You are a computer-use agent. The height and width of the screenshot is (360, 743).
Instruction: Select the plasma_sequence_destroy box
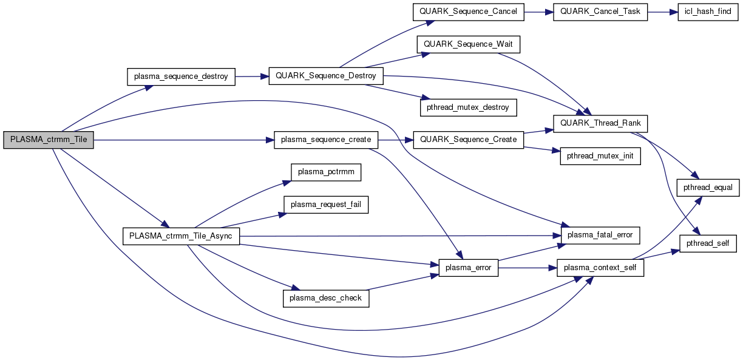pyautogui.click(x=181, y=76)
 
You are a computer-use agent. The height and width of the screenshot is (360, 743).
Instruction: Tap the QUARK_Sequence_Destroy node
pyautogui.click(x=326, y=76)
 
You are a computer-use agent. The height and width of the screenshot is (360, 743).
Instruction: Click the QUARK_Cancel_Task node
pyautogui.click(x=600, y=12)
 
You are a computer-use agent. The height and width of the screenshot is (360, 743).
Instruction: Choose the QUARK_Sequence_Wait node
pyautogui.click(x=469, y=44)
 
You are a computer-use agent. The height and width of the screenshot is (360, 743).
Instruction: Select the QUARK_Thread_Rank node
pyautogui.click(x=600, y=123)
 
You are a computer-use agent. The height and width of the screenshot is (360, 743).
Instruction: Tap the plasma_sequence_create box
pyautogui.click(x=326, y=140)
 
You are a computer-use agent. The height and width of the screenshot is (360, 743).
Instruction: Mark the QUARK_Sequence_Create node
pyautogui.click(x=468, y=140)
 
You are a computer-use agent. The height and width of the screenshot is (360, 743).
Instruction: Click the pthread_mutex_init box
pyautogui.click(x=600, y=156)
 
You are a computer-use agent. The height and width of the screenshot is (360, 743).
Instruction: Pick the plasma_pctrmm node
pyautogui.click(x=326, y=172)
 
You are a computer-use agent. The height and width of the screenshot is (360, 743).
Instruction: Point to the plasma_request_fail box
pyautogui.click(x=326, y=205)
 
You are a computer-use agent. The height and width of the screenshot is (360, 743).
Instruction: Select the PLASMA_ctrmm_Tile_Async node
pyautogui.click(x=181, y=236)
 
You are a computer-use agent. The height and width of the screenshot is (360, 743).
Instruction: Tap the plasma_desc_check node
pyautogui.click(x=326, y=298)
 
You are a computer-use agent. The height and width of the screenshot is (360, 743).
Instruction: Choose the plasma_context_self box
pyautogui.click(x=600, y=268)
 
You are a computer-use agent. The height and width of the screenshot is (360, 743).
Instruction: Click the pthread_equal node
pyautogui.click(x=708, y=188)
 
